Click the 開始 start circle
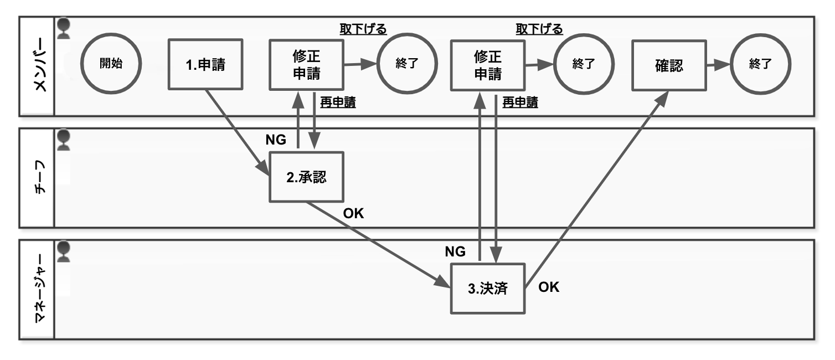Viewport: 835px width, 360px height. coord(111,64)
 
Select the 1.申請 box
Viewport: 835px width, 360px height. coord(205,64)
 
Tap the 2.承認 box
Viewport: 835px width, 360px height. coord(306,178)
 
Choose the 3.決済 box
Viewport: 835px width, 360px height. coord(487,289)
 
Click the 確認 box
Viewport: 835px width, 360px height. coord(669,64)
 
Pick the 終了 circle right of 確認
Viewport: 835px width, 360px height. coord(760,64)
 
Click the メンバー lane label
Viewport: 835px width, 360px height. coord(37,66)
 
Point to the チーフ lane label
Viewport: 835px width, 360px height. coord(37,178)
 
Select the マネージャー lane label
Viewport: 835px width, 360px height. coord(37,289)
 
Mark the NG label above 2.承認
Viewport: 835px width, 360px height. coord(276,140)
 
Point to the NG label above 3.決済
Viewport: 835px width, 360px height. coord(456,251)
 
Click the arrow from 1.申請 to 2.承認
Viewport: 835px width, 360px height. coord(235,130)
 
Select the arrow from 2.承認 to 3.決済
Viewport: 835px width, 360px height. coord(377,244)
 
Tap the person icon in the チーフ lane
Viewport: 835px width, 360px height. coord(65,140)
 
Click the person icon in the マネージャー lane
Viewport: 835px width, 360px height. coord(65,251)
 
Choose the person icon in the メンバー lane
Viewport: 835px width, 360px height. coord(65,28)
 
